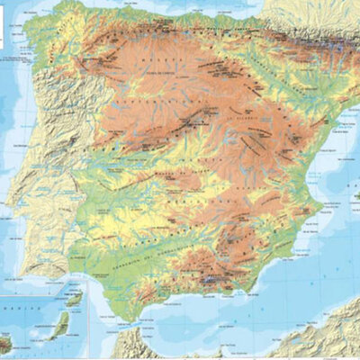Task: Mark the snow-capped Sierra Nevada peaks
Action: tap(210, 281)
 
